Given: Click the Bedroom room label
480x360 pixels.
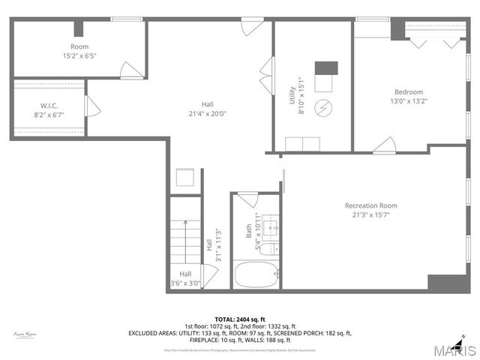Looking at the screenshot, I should click(x=409, y=91).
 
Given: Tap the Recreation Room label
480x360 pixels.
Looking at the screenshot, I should click(x=370, y=205).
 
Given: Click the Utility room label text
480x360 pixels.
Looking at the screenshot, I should click(x=292, y=95).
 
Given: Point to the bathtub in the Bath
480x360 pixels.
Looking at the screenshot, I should click(x=256, y=274).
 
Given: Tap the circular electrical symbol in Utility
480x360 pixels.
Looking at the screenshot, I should click(x=323, y=106).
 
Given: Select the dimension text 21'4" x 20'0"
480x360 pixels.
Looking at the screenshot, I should click(x=213, y=114).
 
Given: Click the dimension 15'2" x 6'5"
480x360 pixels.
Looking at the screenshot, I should click(x=79, y=55).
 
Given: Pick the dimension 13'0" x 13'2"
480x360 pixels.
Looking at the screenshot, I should click(x=408, y=101).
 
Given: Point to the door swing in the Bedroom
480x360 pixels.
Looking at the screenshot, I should click(x=385, y=145).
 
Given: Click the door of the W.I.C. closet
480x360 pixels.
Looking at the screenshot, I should click(x=92, y=106).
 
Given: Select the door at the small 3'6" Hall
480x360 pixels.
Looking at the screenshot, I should click(x=209, y=276).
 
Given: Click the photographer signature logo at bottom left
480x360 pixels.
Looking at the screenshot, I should click(x=25, y=334).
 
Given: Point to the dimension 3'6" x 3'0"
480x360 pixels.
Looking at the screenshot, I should click(x=184, y=283).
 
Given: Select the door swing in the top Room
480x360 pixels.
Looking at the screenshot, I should click(x=131, y=70).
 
